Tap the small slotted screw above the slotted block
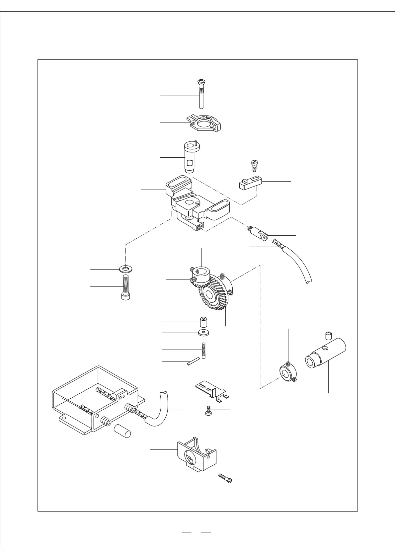[254, 165]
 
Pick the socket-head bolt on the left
[125, 287]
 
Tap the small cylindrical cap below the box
[122, 432]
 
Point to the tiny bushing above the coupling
[329, 336]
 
